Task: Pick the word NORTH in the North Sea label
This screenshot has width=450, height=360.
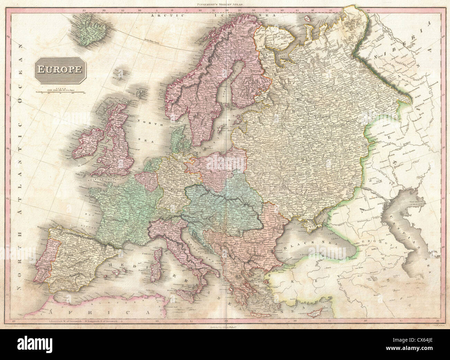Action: [145, 121]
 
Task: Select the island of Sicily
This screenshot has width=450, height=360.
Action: [183, 295]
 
